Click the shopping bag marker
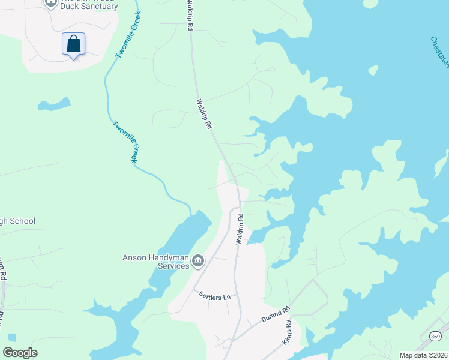(73, 44)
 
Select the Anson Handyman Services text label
(156, 262)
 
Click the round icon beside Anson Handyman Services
(199, 261)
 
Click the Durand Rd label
(276, 315)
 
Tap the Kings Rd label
(287, 332)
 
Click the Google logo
(20, 353)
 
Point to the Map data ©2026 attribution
(423, 355)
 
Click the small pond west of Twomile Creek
(54, 105)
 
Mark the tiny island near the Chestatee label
(373, 70)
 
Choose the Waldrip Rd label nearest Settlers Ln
(240, 229)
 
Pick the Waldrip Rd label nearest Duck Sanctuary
(189, 18)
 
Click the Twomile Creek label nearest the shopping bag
(128, 35)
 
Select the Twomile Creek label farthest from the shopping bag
(126, 142)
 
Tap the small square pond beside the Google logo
(13, 337)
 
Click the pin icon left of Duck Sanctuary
(51, 3)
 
